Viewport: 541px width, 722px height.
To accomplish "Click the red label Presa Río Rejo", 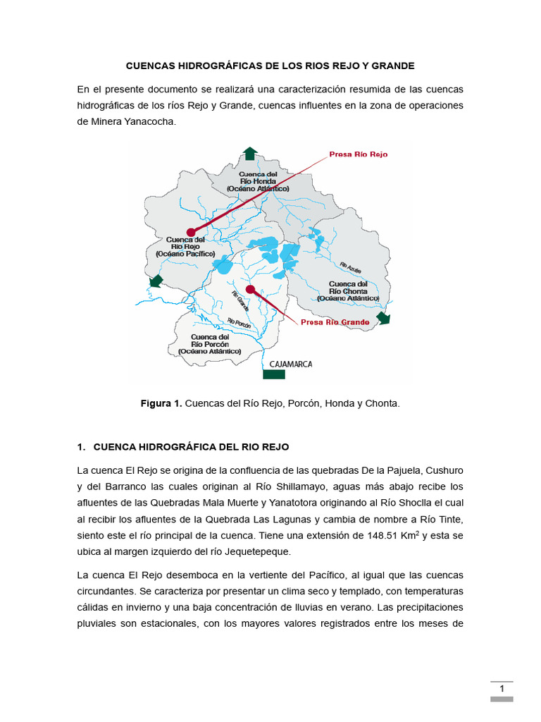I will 358,154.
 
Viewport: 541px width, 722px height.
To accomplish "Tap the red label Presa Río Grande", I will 335,322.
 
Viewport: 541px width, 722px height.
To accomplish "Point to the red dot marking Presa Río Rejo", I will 190,232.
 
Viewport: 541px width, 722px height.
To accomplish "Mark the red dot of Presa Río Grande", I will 250,289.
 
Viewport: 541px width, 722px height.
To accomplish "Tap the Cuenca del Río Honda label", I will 258,181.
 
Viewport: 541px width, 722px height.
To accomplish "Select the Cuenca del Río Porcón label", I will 209,344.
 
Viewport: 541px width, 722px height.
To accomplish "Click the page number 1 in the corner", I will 502,689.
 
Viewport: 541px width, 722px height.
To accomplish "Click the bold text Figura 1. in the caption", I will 161,403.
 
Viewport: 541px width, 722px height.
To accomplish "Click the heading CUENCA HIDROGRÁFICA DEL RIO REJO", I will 191,447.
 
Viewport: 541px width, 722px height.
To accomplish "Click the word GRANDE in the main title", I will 395,66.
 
